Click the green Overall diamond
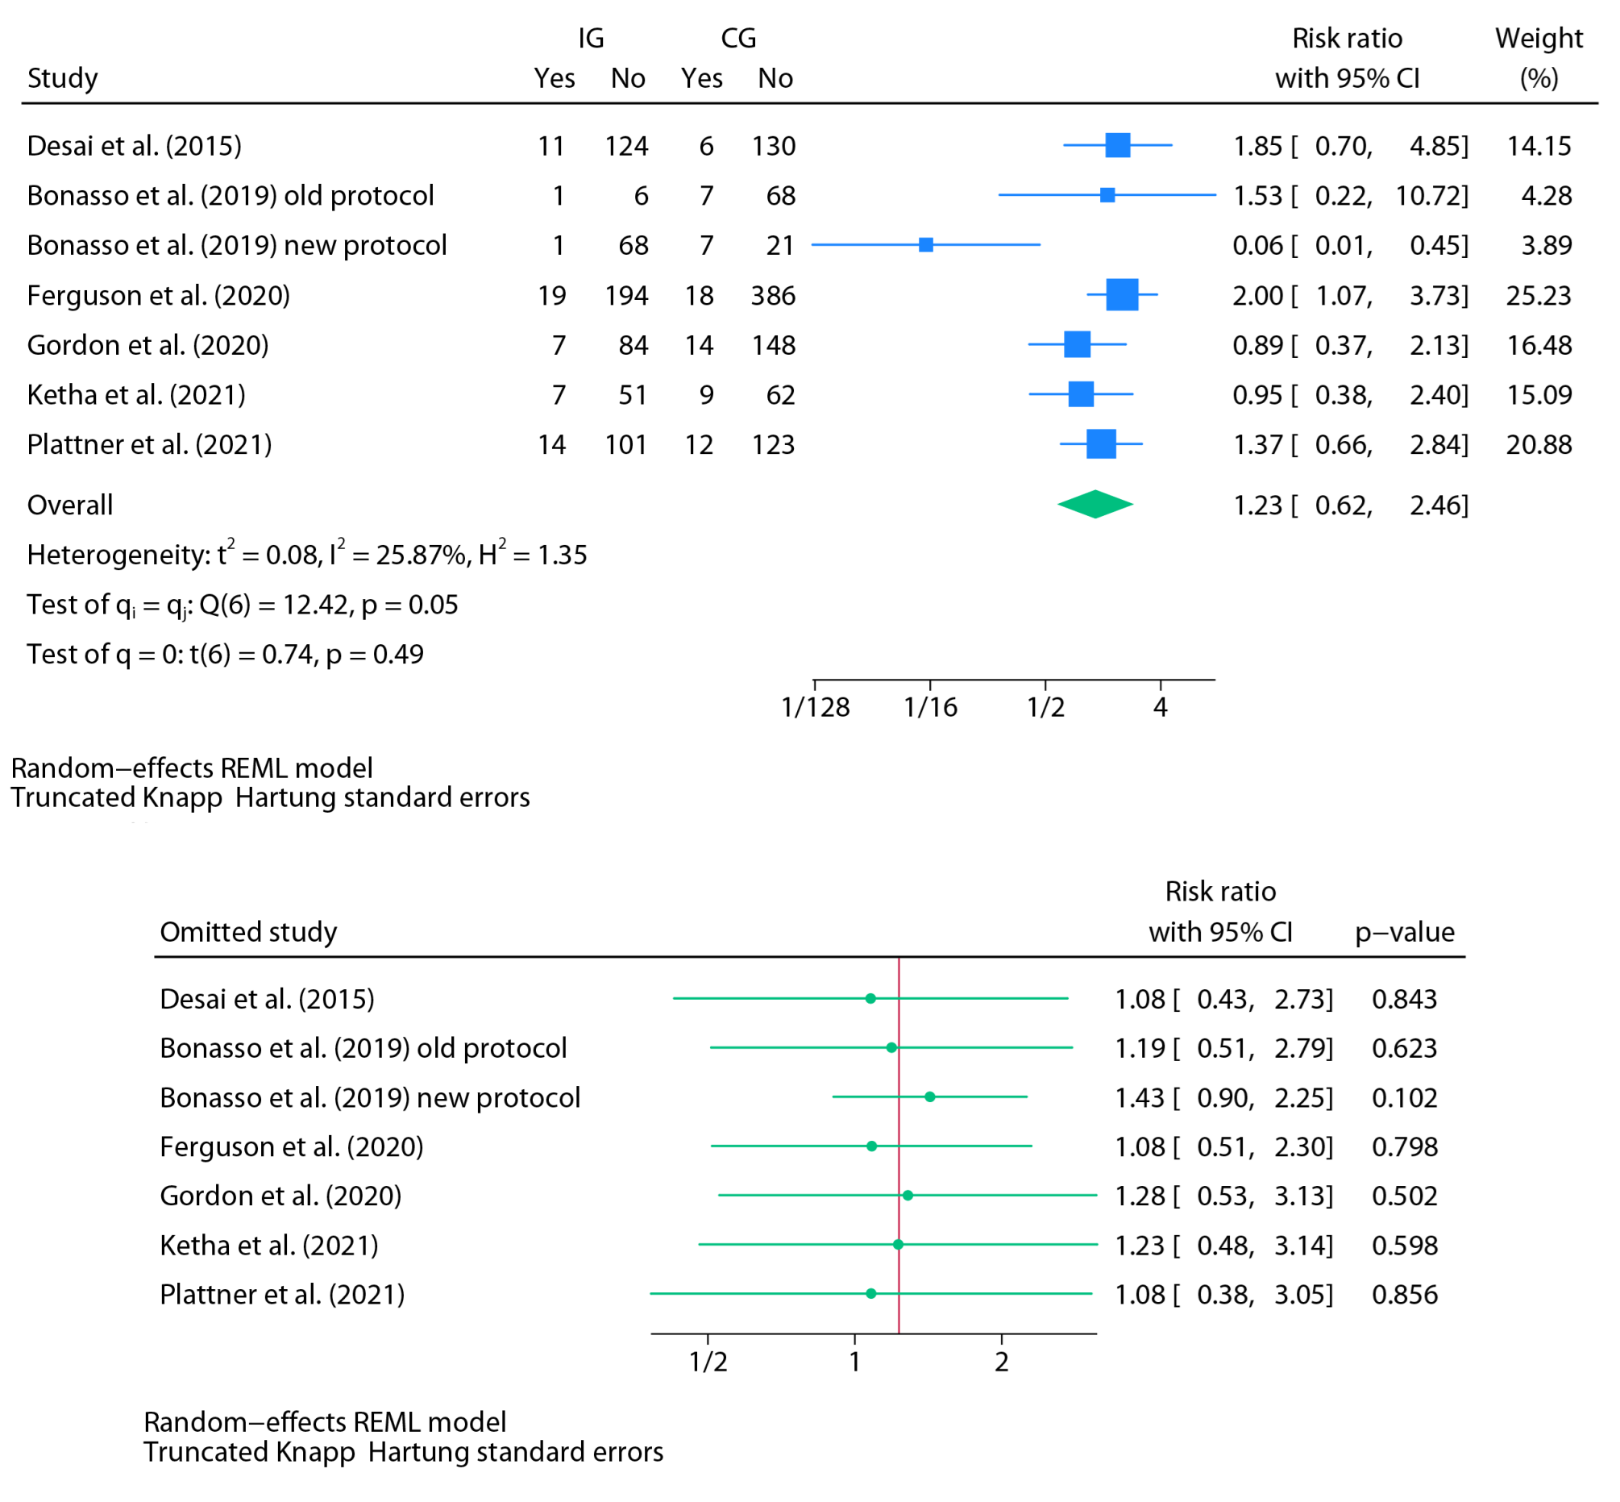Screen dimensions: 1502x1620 click(1095, 505)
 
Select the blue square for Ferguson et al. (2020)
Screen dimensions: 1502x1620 click(1121, 294)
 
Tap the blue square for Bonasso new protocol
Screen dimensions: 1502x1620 click(925, 244)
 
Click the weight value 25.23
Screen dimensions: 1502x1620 click(1538, 295)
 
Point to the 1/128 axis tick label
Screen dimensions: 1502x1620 click(815, 707)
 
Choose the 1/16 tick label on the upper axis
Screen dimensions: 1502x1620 click(930, 707)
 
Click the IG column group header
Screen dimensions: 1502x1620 click(591, 38)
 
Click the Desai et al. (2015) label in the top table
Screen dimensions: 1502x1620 click(134, 146)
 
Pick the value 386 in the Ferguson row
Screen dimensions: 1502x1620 click(773, 295)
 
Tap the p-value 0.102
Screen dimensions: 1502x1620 click(1404, 1098)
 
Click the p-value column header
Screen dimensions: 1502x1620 click(1404, 931)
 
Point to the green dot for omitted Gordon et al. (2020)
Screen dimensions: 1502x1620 click(908, 1195)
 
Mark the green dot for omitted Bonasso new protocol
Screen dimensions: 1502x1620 click(929, 1096)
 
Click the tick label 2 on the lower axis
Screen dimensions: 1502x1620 click(1001, 1363)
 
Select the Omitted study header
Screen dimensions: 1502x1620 click(247, 931)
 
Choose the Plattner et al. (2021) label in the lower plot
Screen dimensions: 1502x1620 click(282, 1294)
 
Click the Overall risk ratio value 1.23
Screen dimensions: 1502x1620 click(1257, 506)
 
